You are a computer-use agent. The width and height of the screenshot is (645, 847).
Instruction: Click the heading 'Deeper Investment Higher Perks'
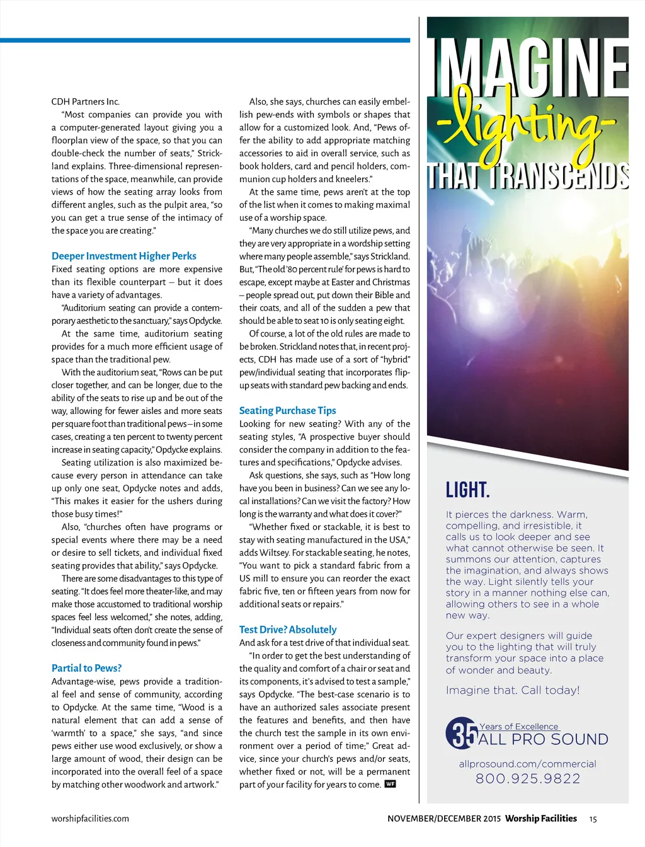[123, 256]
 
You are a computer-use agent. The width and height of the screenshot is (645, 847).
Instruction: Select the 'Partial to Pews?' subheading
[86, 668]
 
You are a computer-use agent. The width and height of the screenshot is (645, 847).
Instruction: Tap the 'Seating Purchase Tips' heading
[287, 410]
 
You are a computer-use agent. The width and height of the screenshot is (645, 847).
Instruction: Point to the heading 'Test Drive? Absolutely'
[288, 630]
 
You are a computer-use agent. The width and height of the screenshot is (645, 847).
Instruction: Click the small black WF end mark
[391, 784]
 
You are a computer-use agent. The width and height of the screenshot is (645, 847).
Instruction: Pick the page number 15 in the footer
[593, 819]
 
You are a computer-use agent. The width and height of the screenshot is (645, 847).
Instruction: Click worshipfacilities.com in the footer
[90, 819]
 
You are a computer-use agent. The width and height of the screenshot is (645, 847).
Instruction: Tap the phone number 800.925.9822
[528, 779]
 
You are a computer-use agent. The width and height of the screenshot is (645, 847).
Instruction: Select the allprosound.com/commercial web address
[527, 764]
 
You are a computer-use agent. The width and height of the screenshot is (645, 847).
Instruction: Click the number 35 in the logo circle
[465, 734]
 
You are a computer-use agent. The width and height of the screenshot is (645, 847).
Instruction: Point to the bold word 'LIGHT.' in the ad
[467, 490]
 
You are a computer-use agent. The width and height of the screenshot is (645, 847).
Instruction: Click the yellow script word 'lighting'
[526, 126]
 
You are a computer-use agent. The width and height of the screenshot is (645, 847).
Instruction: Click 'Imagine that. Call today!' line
[513, 690]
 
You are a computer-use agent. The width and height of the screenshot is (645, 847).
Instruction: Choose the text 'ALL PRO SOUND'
[543, 740]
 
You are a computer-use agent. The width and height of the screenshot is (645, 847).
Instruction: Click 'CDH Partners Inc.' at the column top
[85, 101]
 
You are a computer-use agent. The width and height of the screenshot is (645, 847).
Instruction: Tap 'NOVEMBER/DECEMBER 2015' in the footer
[444, 819]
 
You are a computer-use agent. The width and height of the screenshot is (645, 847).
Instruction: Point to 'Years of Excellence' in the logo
[518, 727]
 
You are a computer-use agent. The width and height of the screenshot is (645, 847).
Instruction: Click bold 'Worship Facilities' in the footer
[540, 819]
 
